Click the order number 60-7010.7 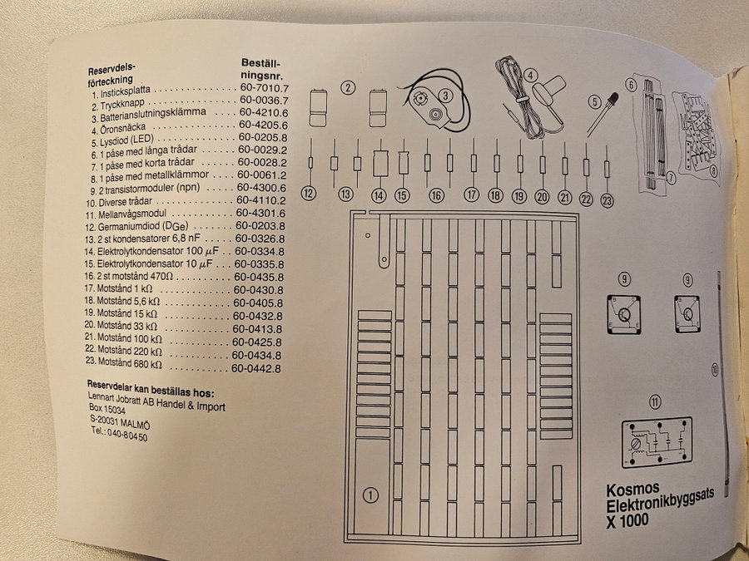[263, 88]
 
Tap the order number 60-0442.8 [256, 368]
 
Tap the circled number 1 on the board [371, 495]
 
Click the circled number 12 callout [310, 194]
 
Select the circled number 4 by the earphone [530, 74]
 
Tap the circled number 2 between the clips [348, 86]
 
